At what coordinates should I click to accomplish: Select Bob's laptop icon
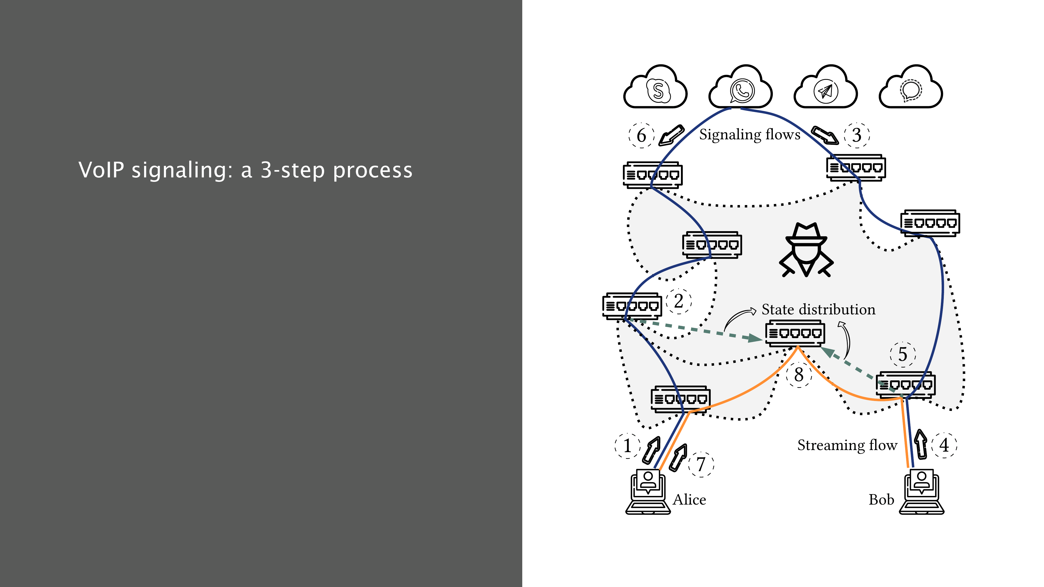coord(922,492)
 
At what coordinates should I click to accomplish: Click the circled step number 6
coord(641,135)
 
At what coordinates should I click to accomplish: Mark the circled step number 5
coord(903,355)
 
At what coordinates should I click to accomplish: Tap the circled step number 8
coord(798,375)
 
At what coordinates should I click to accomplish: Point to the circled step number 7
coord(701,464)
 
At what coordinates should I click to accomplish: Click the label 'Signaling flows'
coord(749,135)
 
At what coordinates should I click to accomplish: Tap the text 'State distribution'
coord(818,309)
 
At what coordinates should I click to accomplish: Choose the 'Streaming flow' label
coord(847,445)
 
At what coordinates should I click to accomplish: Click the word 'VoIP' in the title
coord(101,170)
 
